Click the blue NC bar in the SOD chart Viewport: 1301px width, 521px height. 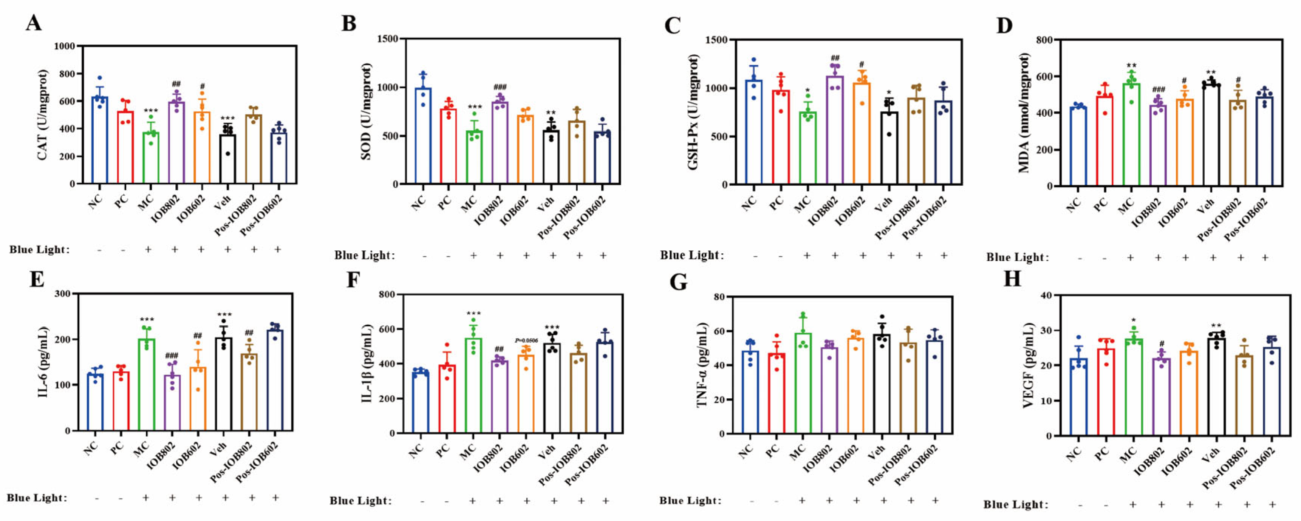(x=423, y=136)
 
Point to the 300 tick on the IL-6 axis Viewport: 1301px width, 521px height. (x=63, y=294)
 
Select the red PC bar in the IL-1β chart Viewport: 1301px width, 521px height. (x=447, y=399)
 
